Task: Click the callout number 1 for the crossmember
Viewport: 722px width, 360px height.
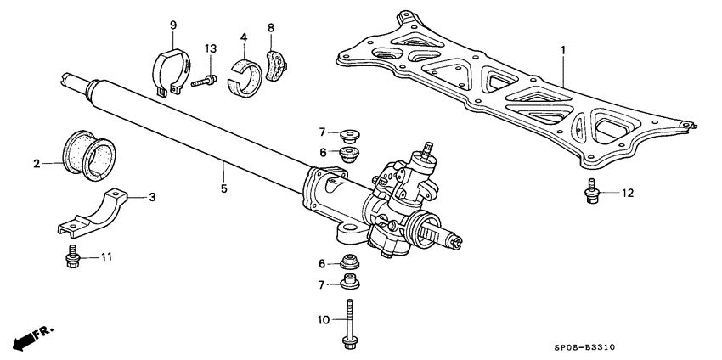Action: (561, 51)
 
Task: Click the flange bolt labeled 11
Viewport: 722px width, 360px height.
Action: (71, 257)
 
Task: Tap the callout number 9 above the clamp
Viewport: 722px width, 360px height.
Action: (172, 25)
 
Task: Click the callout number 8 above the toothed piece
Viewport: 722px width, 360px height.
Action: (272, 27)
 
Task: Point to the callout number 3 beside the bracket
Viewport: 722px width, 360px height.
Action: (152, 197)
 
